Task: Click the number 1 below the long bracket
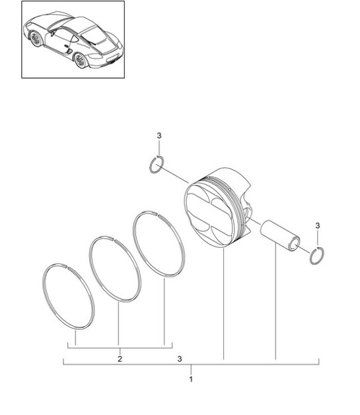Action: pos(191,380)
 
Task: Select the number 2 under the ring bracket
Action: pos(120,359)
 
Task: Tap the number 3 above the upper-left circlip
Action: pos(159,135)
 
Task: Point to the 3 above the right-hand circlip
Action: pos(318,226)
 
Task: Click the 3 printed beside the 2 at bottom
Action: pos(179,359)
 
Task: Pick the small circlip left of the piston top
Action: pos(157,165)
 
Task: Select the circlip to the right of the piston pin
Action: pos(317,254)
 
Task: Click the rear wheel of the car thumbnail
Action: pos(81,61)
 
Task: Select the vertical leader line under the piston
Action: pos(224,304)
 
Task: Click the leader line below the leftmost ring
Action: pos(75,337)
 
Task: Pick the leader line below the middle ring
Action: pos(119,324)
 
